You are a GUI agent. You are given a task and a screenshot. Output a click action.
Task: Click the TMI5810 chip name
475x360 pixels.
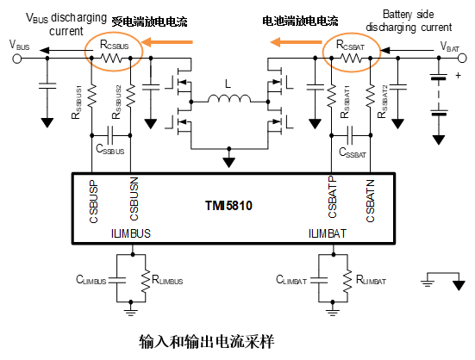click(x=228, y=206)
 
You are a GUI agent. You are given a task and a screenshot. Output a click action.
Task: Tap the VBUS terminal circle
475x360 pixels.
click(x=17, y=58)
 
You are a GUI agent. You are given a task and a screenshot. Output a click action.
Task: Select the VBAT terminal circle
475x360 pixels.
click(x=462, y=58)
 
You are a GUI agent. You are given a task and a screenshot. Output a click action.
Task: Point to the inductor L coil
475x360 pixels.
click(x=229, y=99)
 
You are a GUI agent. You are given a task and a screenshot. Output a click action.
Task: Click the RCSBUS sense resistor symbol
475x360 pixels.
click(x=111, y=58)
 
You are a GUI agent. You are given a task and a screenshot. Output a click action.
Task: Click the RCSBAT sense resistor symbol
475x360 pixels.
click(x=351, y=58)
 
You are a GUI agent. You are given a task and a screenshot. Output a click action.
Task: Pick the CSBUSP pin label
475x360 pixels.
click(x=94, y=202)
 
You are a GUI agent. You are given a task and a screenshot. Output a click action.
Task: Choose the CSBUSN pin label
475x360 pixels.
click(x=134, y=199)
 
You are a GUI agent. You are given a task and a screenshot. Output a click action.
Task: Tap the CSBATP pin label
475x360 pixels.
click(x=332, y=197)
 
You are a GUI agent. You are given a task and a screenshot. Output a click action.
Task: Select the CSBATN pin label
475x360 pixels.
click(x=370, y=201)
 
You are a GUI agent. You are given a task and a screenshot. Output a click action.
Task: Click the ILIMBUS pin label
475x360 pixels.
click(x=131, y=233)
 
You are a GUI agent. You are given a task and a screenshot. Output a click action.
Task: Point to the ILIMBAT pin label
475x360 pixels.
click(x=328, y=233)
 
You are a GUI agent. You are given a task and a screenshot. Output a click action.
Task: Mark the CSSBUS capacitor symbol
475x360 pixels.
click(x=110, y=135)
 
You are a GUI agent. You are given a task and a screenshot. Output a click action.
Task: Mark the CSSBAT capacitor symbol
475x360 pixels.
click(x=350, y=135)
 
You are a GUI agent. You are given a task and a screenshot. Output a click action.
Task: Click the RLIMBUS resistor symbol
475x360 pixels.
click(x=146, y=281)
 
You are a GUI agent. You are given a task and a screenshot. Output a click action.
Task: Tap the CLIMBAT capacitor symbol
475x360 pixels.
click(x=319, y=280)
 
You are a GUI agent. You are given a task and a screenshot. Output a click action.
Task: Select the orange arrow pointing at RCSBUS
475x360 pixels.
click(x=167, y=42)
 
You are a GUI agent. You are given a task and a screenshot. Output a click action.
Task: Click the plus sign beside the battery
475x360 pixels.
click(x=458, y=75)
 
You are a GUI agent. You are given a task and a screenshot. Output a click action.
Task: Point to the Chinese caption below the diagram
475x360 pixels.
click(x=207, y=342)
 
